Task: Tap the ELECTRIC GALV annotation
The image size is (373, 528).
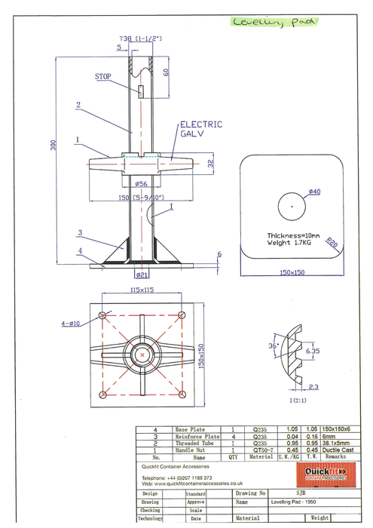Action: tap(200, 130)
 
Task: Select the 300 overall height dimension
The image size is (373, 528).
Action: tap(53, 146)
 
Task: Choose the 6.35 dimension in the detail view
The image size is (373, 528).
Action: tap(313, 351)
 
